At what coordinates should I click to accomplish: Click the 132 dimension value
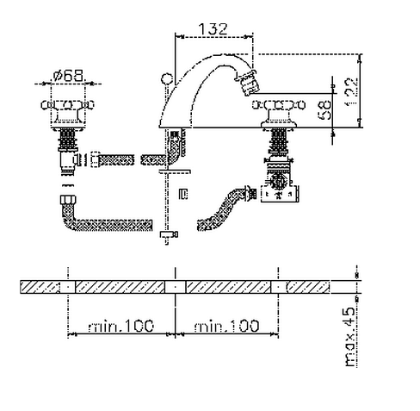tap(213, 29)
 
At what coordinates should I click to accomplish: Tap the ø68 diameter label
tap(69, 76)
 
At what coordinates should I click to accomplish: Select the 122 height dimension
tap(351, 92)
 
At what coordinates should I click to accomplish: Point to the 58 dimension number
tap(324, 110)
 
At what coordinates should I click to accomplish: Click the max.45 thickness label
tap(349, 337)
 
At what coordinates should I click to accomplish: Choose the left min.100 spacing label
tap(120, 326)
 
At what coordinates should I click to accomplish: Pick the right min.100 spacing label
tap(226, 326)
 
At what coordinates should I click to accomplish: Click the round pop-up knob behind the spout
tap(167, 78)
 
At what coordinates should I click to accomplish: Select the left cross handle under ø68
tap(68, 105)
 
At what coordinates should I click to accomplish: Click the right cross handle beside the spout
tap(279, 105)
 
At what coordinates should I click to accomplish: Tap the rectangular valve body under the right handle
tap(280, 194)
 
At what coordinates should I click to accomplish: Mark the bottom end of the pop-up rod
tap(167, 244)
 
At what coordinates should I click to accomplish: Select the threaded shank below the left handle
tap(68, 140)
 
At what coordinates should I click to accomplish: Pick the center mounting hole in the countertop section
tap(176, 287)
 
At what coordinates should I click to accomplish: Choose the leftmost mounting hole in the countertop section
tap(68, 287)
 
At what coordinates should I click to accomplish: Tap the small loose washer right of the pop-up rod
tap(183, 194)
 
